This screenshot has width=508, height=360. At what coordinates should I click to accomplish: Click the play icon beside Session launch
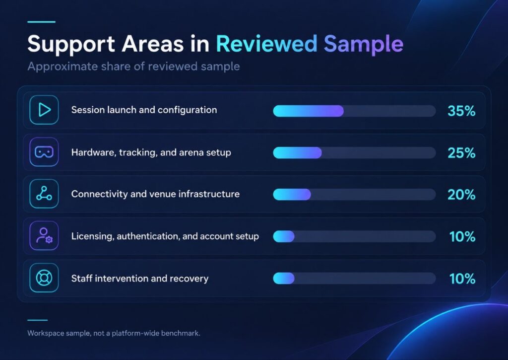pyautogui.click(x=44, y=110)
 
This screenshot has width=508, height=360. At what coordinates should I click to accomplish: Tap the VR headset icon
pyautogui.click(x=44, y=152)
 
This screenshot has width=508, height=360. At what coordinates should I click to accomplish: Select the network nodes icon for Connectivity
pyautogui.click(x=44, y=193)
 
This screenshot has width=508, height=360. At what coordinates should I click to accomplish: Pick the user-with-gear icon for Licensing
pyautogui.click(x=44, y=235)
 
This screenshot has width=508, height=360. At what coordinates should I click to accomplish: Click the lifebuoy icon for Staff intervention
pyautogui.click(x=44, y=278)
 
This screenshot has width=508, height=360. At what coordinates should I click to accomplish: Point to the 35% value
pyautogui.click(x=461, y=111)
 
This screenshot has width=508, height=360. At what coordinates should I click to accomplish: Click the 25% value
pyautogui.click(x=461, y=153)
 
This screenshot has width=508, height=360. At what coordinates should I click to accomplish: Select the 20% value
pyautogui.click(x=461, y=195)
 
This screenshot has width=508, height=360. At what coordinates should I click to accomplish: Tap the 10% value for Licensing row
pyautogui.click(x=462, y=236)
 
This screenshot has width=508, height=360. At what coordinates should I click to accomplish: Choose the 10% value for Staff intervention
pyautogui.click(x=462, y=279)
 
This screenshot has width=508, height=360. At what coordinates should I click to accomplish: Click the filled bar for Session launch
pyautogui.click(x=309, y=111)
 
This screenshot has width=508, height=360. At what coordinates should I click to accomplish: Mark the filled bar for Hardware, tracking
pyautogui.click(x=298, y=153)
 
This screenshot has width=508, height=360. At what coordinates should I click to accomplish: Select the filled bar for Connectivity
pyautogui.click(x=292, y=195)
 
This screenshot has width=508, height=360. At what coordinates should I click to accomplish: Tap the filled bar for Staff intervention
pyautogui.click(x=284, y=278)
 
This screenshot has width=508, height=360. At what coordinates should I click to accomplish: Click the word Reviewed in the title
pyautogui.click(x=266, y=44)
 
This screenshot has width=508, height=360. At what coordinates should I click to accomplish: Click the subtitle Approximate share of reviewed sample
pyautogui.click(x=133, y=67)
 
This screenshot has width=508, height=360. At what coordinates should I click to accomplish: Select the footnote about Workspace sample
pyautogui.click(x=114, y=333)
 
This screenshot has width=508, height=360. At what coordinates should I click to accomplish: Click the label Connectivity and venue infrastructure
pyautogui.click(x=155, y=194)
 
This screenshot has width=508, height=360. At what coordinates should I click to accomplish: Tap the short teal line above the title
pyautogui.click(x=42, y=22)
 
